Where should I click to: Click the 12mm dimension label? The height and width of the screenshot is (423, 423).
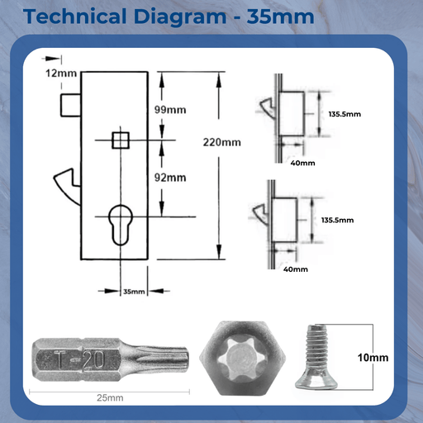coord(61,73)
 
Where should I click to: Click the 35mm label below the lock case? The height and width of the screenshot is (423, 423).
coord(133,292)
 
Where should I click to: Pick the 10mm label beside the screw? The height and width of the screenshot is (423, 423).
coord(373,358)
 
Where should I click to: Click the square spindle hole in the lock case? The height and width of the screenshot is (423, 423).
coord(121,140)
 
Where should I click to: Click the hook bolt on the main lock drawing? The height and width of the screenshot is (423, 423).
coord(66,178)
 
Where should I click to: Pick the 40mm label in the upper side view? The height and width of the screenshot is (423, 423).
coord(303,163)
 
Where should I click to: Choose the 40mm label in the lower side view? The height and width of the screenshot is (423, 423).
coord(295,269)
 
